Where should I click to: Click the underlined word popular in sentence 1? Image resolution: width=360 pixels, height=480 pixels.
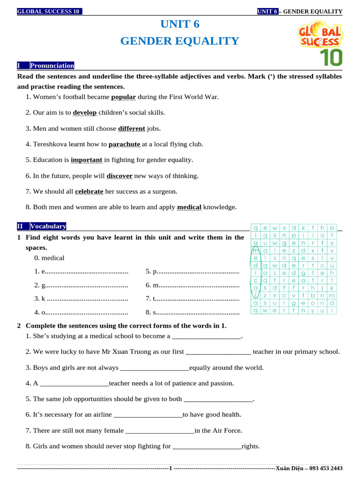tap(123, 97)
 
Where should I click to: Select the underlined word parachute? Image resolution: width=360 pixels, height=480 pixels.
tap(124, 144)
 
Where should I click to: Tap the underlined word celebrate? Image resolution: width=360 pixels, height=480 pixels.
tap(89, 191)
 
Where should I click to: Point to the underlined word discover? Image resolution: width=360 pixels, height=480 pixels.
tap(120, 176)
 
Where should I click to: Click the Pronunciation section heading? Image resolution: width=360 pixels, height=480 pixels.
tap(52, 66)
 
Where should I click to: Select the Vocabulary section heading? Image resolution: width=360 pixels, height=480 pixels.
tap(48, 226)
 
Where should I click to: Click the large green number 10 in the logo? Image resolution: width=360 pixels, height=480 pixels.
tap(331, 57)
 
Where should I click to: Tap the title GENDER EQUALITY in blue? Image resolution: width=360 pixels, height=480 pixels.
tap(180, 41)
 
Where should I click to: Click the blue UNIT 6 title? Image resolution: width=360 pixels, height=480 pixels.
tap(180, 24)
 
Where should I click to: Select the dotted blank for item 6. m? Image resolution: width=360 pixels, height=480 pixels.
tap(200, 285)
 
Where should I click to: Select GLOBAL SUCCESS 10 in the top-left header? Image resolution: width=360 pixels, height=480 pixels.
tap(48, 12)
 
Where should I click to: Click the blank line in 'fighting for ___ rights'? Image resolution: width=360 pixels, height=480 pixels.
tap(207, 446)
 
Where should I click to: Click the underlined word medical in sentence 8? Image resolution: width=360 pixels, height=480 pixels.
tap(189, 207)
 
